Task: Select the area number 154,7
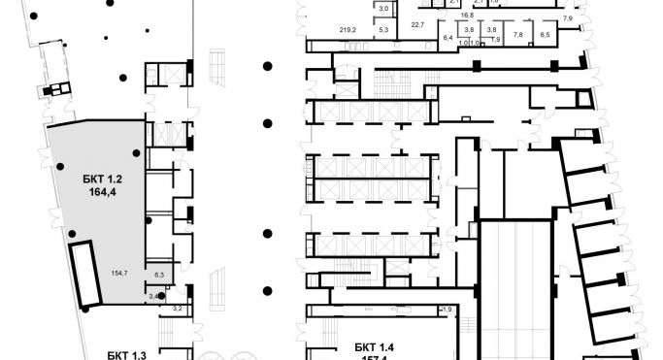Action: [120, 275]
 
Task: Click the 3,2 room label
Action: [177, 308]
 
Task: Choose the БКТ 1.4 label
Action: [362, 346]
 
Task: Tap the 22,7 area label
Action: [418, 24]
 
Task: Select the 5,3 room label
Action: [382, 31]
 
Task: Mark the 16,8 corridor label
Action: [466, 16]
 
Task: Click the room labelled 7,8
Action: [517, 34]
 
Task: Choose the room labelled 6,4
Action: [448, 37]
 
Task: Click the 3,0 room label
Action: [382, 9]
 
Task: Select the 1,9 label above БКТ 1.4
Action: [447, 309]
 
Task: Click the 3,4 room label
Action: [153, 295]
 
